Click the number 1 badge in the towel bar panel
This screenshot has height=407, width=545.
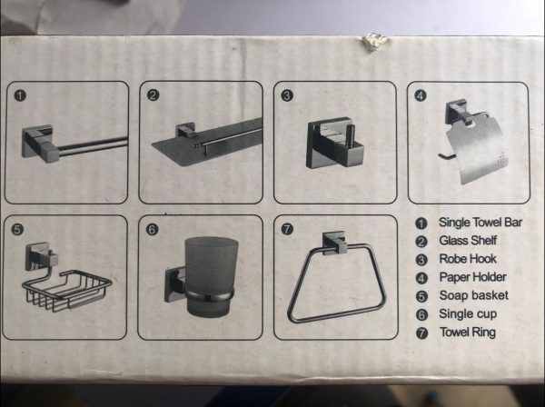(x=20, y=95)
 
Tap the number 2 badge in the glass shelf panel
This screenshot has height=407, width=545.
(x=153, y=94)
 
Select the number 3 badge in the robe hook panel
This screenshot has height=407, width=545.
(x=287, y=95)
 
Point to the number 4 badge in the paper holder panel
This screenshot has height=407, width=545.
(x=421, y=95)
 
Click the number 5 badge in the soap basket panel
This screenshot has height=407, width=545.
(x=17, y=230)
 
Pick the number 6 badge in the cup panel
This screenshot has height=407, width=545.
(x=152, y=230)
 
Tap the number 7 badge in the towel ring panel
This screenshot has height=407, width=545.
(x=287, y=229)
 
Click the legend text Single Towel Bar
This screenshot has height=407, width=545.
(x=481, y=223)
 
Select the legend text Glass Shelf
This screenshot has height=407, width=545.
(x=468, y=241)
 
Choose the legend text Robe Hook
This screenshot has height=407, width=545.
(x=468, y=259)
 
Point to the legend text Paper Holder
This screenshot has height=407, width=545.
(x=472, y=277)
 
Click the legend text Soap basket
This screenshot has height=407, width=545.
(x=474, y=295)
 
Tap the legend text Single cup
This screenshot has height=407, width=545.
(x=468, y=314)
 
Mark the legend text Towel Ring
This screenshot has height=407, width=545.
(x=468, y=333)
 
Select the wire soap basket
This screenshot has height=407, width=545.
(x=67, y=290)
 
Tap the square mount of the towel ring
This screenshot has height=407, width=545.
(x=334, y=243)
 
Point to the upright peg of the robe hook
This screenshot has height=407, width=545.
(x=352, y=136)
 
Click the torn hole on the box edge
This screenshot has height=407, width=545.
(x=374, y=42)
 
